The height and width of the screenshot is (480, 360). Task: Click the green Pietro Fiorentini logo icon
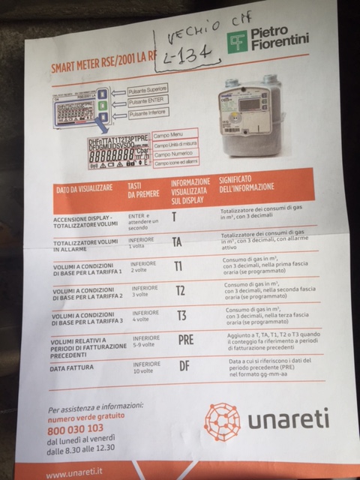click(239, 43)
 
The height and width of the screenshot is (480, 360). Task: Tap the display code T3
click(181, 316)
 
